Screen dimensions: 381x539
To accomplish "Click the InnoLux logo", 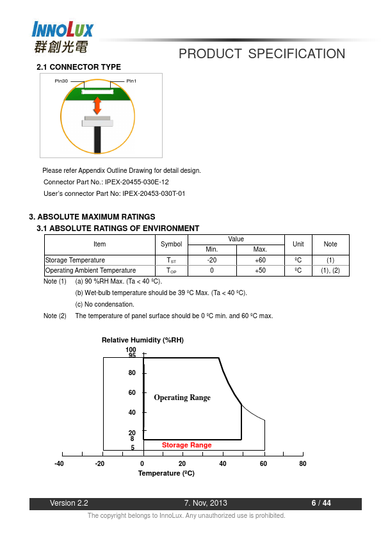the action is click(x=63, y=37).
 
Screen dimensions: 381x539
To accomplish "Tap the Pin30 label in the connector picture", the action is click(x=61, y=81).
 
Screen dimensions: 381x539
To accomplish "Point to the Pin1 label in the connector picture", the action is click(x=131, y=81).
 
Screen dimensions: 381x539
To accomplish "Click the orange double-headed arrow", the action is click(x=97, y=106).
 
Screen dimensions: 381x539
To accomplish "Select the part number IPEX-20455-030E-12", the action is click(x=137, y=182).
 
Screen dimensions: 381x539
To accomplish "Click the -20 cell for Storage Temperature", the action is click(x=212, y=261).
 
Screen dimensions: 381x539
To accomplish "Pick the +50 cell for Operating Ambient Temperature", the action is click(x=261, y=271).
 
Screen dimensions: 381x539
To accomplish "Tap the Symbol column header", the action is click(x=171, y=244).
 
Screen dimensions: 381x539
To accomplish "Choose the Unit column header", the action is click(x=298, y=244).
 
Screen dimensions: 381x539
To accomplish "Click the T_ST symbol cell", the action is click(x=171, y=261).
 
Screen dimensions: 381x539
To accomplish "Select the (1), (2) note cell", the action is click(x=330, y=271).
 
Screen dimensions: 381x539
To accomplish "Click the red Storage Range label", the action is click(x=187, y=445).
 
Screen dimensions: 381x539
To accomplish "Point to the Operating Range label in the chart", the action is click(x=182, y=398).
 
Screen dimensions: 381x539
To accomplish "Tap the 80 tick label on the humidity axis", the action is click(x=132, y=373).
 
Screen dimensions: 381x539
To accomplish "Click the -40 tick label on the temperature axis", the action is click(x=59, y=463).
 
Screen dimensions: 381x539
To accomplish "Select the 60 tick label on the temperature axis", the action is click(x=263, y=463).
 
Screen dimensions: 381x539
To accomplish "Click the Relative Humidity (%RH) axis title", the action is click(x=143, y=340).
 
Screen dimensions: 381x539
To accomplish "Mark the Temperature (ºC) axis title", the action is click(x=166, y=473).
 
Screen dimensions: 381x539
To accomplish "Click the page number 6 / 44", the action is click(x=321, y=503).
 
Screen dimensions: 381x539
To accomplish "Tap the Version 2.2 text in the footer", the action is click(x=69, y=503).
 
